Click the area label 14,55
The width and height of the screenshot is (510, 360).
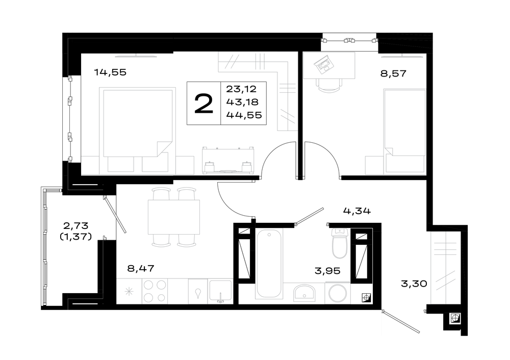(110, 72)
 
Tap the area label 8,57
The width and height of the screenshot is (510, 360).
(393, 73)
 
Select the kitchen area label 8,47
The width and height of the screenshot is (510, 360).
(141, 269)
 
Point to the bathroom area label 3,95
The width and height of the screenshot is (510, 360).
(327, 271)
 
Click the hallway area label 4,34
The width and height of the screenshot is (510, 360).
(357, 211)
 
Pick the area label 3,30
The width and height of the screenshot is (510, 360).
(414, 284)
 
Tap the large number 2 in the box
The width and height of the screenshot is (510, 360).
(203, 104)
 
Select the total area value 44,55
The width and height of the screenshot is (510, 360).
(244, 115)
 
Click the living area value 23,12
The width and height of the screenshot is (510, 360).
(241, 89)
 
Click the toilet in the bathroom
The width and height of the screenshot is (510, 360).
(340, 244)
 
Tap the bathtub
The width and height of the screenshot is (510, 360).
(268, 264)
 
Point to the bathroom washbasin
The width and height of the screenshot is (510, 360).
(304, 292)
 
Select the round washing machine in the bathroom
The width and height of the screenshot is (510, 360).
(338, 293)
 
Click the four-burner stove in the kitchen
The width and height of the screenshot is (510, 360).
(155, 291)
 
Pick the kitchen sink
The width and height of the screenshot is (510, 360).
(220, 291)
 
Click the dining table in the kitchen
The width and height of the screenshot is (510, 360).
(174, 217)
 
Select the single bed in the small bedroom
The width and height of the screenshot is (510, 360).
(404, 131)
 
